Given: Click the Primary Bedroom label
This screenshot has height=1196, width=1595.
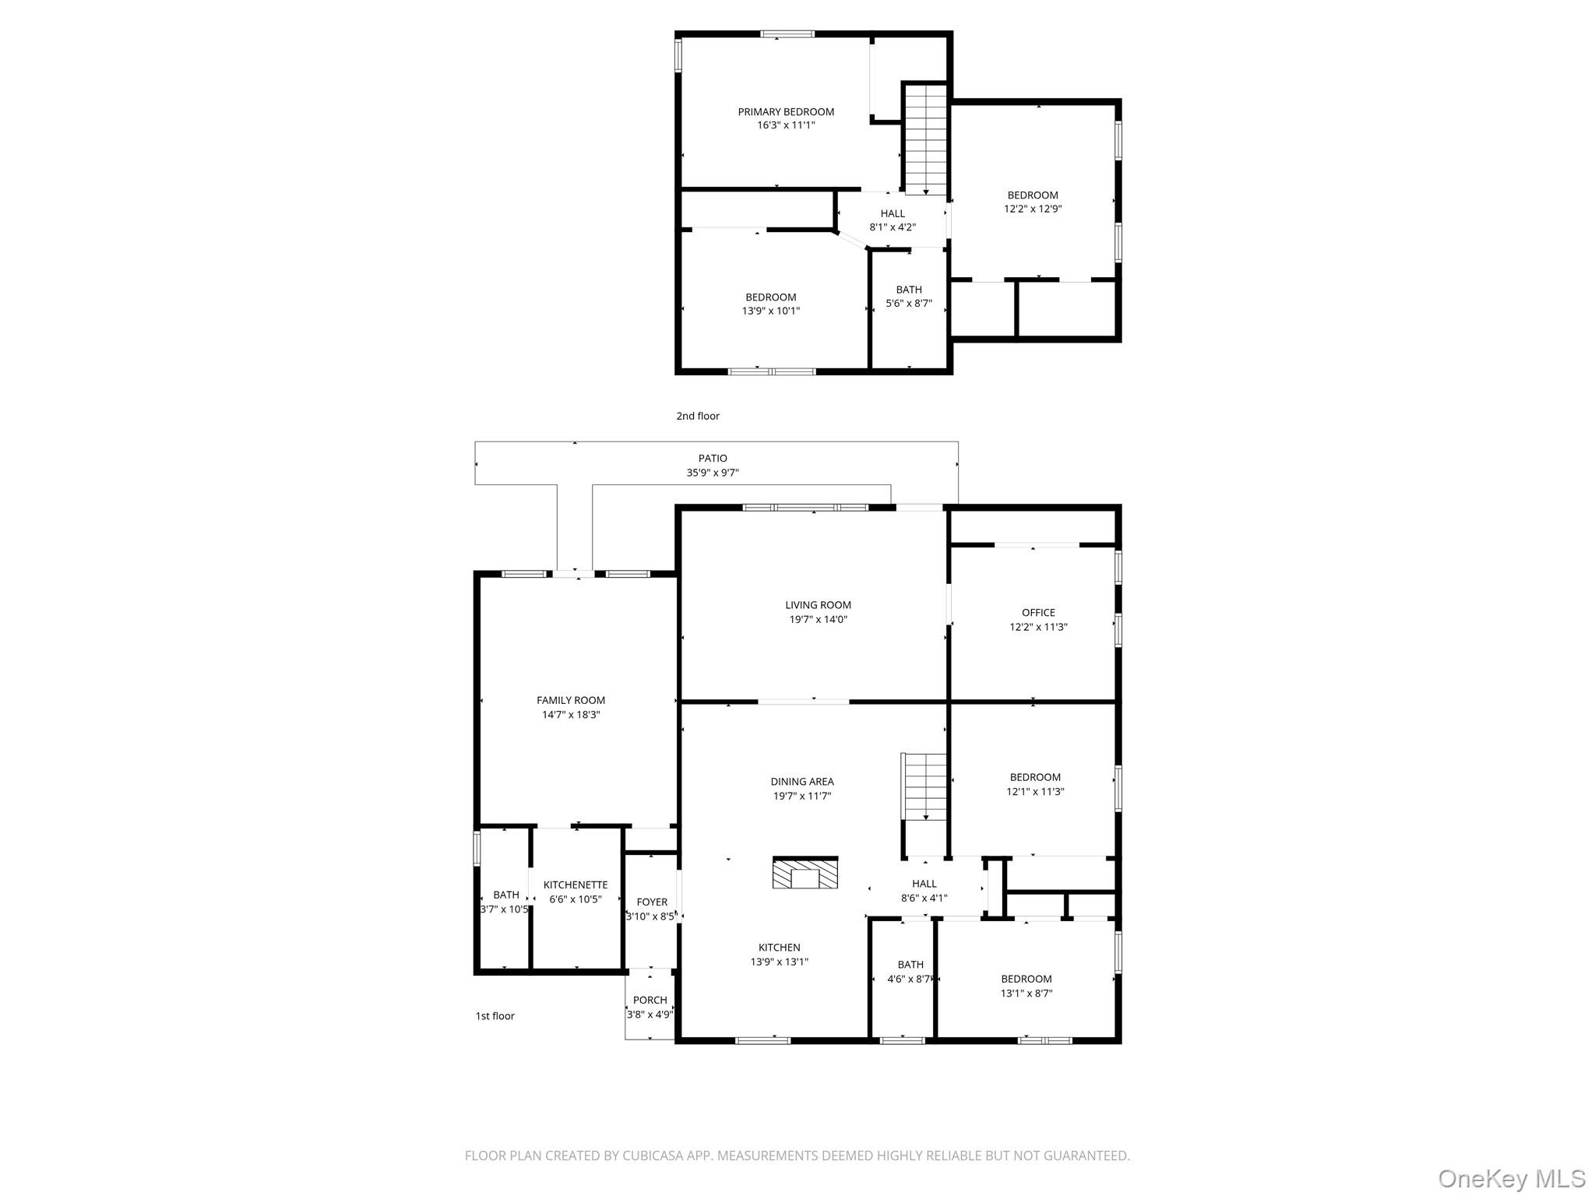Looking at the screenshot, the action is pyautogui.click(x=786, y=112).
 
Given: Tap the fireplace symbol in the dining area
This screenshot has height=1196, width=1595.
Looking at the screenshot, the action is pyautogui.click(x=805, y=873).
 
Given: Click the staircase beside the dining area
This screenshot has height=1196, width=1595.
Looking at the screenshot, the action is pyautogui.click(x=924, y=786).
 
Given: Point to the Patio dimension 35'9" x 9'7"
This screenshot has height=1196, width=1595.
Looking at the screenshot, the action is pyautogui.click(x=713, y=473).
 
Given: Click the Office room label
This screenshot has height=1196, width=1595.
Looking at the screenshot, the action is pyautogui.click(x=1038, y=613).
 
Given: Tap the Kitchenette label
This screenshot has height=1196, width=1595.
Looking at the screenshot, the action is pyautogui.click(x=576, y=885).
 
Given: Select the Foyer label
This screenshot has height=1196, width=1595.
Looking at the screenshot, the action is pyautogui.click(x=652, y=902).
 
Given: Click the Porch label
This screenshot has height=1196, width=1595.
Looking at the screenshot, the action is pyautogui.click(x=650, y=1001).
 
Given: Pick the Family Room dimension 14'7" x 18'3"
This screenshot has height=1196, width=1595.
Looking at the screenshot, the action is pyautogui.click(x=571, y=715).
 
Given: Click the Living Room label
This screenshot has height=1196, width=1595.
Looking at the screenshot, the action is pyautogui.click(x=818, y=605).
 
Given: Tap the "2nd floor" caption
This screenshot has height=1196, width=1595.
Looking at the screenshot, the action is pyautogui.click(x=698, y=416).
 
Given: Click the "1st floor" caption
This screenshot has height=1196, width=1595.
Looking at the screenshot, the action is pyautogui.click(x=495, y=1016).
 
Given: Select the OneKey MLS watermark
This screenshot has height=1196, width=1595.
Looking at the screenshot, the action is pyautogui.click(x=1512, y=1179).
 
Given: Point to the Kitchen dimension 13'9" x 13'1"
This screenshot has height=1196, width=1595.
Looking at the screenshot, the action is pyautogui.click(x=780, y=962).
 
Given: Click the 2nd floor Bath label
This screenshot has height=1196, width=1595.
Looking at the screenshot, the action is pyautogui.click(x=909, y=290).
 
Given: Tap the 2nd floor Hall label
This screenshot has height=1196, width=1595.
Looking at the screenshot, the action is pyautogui.click(x=893, y=213).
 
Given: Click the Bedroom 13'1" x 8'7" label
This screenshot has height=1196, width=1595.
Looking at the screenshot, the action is pyautogui.click(x=1026, y=980).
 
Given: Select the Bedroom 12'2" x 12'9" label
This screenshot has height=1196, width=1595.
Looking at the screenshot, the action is pyautogui.click(x=1033, y=195).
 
